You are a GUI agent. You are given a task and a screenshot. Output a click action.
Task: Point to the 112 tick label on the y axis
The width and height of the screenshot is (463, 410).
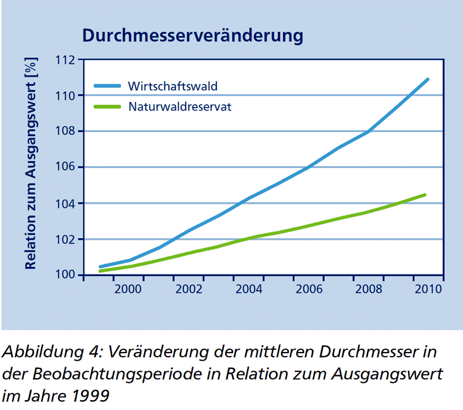point(65,60)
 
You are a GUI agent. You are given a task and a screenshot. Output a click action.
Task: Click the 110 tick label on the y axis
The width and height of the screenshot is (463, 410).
point(65,96)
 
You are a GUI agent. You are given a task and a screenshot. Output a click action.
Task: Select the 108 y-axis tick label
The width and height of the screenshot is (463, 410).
point(65,131)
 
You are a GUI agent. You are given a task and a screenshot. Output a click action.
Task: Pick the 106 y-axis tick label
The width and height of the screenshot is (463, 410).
point(65,167)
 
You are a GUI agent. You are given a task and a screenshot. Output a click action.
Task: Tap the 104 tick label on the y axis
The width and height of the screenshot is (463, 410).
point(65,203)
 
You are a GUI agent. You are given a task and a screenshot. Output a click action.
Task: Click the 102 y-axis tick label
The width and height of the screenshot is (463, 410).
point(65,239)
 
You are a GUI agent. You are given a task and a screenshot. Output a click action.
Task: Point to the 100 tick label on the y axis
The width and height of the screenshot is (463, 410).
point(65,275)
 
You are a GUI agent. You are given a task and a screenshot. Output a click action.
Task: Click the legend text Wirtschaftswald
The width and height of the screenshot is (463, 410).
point(173,86)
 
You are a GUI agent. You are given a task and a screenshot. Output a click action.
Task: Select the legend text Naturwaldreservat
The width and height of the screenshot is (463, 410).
point(180,107)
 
